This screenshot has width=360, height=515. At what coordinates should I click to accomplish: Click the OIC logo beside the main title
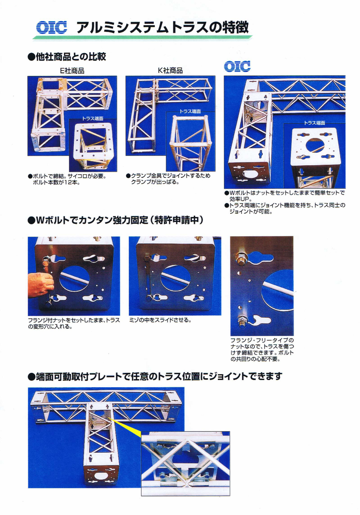[x=52, y=27]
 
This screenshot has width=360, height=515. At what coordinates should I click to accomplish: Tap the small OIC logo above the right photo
[x=237, y=66]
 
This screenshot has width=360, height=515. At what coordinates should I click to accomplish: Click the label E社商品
[x=72, y=71]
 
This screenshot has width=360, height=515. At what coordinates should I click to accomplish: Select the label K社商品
[x=170, y=70]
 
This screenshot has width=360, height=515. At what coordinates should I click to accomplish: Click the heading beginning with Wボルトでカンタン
[x=115, y=220]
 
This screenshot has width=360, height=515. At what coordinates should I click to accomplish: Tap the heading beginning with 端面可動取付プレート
[x=155, y=376]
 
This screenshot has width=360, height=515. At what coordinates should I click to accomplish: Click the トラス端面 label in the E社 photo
[x=93, y=118]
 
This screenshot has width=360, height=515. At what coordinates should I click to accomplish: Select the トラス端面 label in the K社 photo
[x=190, y=111]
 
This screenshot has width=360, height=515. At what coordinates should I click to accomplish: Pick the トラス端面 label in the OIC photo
[x=314, y=123]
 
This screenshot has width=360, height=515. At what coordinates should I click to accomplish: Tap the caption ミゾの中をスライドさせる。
[x=160, y=320]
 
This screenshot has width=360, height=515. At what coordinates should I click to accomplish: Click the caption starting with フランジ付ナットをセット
[x=74, y=323]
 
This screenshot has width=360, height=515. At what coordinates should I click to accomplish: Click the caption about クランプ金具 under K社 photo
[x=168, y=179]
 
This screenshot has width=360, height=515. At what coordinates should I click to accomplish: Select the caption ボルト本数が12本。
[x=56, y=182]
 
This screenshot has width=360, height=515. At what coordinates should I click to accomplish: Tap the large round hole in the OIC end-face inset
[x=315, y=145]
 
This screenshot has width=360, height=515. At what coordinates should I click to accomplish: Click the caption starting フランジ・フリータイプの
[x=262, y=349]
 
